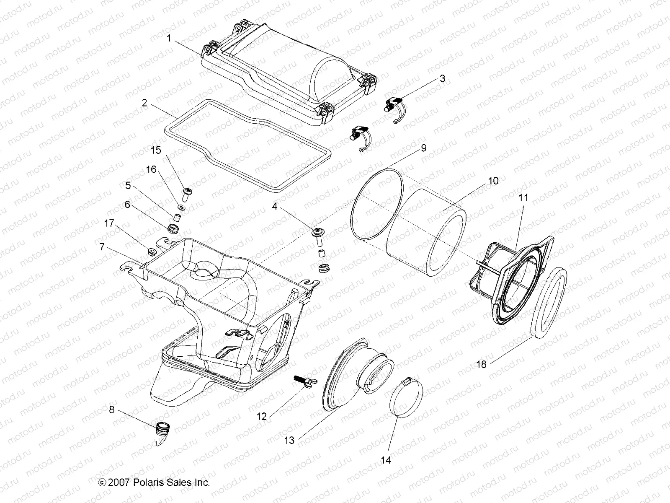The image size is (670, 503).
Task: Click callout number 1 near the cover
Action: coord(169,39)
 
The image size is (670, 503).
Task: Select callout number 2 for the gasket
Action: coord(144,103)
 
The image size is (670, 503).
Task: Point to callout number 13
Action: coord(289,440)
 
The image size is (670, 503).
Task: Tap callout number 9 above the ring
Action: coord(423,148)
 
